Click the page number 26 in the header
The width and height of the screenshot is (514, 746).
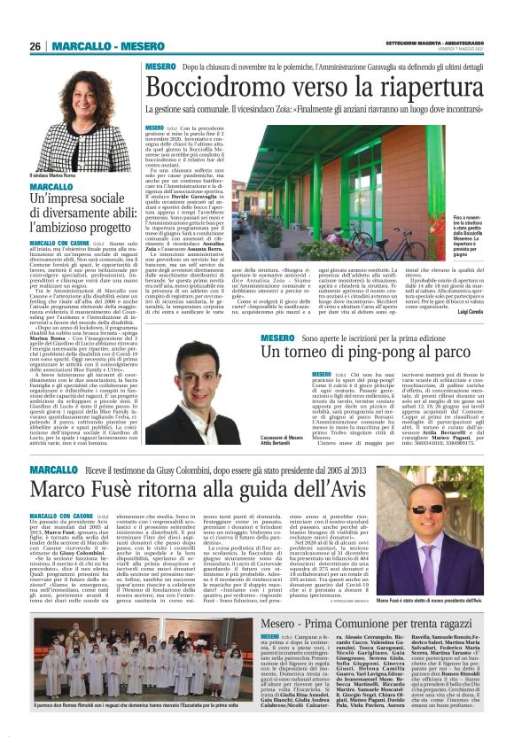click(35, 46)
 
